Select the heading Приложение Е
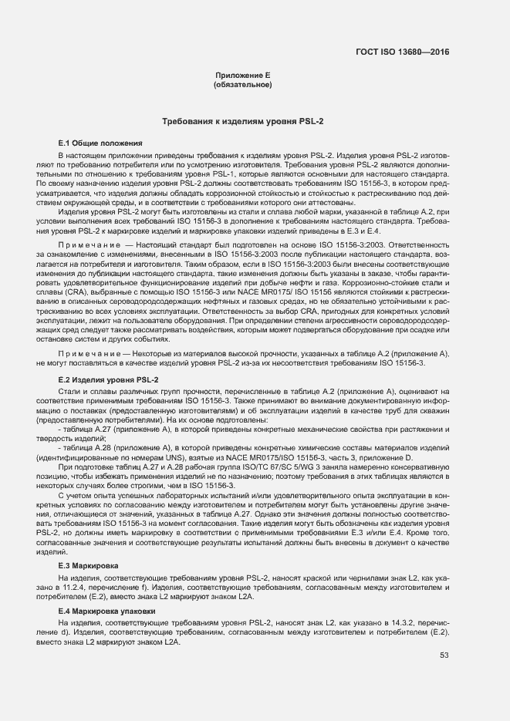click(x=241, y=75)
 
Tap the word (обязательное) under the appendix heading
click(x=241, y=84)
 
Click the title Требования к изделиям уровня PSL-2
click(x=242, y=122)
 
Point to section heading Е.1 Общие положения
click(x=100, y=143)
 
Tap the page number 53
click(x=444, y=655)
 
